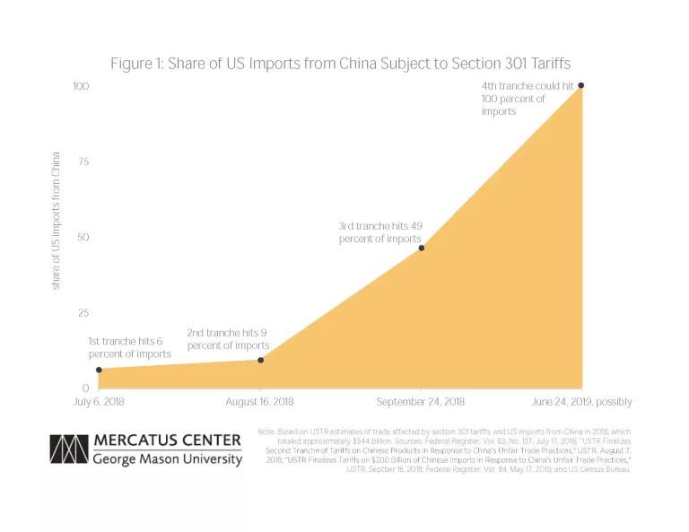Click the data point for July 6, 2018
click(x=99, y=370)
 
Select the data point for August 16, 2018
click(x=260, y=360)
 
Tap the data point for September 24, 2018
click(x=422, y=248)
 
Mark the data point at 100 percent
click(x=581, y=85)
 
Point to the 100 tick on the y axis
click(x=82, y=86)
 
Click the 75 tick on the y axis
click(x=83, y=161)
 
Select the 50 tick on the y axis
click(x=83, y=238)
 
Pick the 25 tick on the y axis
click(x=83, y=313)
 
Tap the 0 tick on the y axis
click(x=86, y=388)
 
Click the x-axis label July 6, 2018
click(x=99, y=402)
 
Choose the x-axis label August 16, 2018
click(x=260, y=402)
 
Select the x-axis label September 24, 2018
click(x=422, y=402)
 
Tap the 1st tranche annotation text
click(x=129, y=347)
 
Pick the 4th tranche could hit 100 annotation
click(x=527, y=98)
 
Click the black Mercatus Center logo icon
click(x=68, y=450)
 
